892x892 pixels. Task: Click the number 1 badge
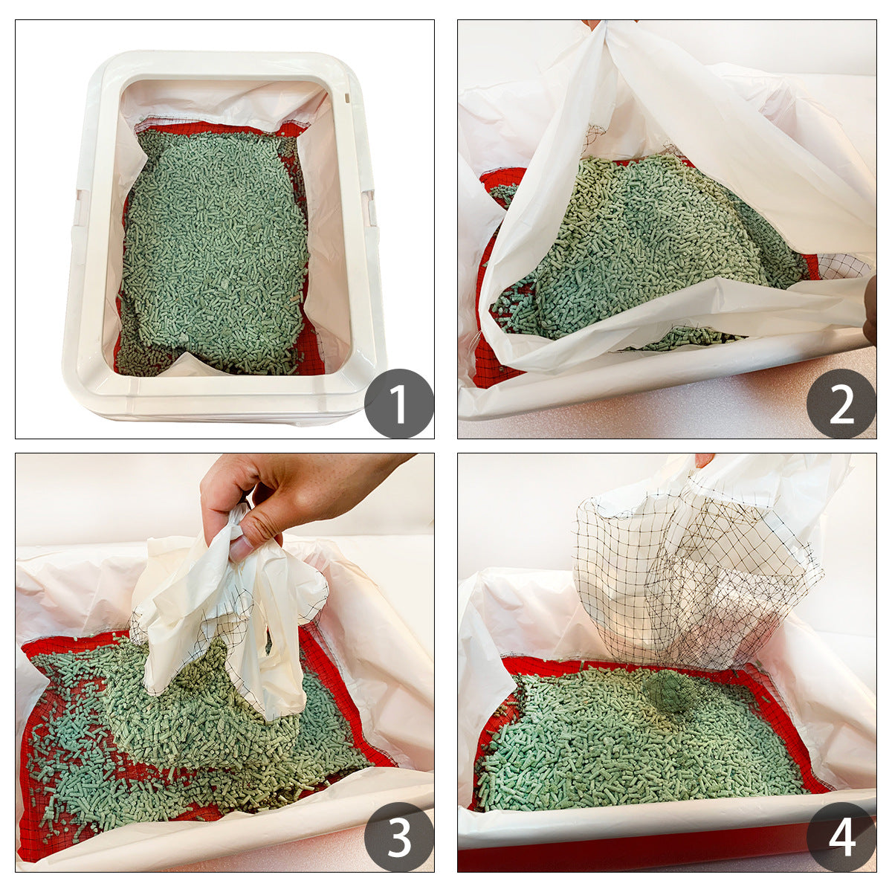click(399, 404)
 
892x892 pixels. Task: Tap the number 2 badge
click(841, 404)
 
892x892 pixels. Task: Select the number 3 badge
click(399, 837)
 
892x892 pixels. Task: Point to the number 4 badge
click(841, 837)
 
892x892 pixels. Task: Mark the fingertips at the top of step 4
click(703, 459)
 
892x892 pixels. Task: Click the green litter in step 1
click(216, 245)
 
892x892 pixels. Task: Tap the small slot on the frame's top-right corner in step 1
click(346, 97)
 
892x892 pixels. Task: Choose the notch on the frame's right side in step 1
click(369, 208)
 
